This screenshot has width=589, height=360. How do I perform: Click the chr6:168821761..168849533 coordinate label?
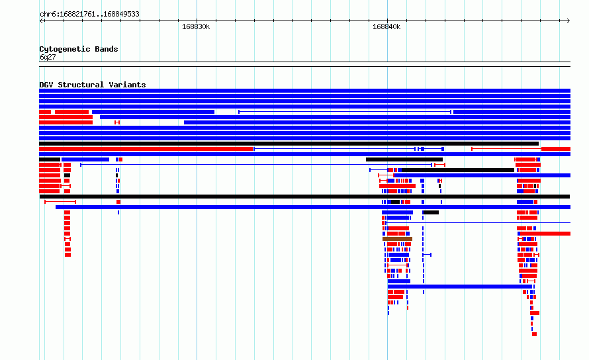pos(89,15)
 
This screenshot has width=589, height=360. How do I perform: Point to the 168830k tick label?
pos(196,27)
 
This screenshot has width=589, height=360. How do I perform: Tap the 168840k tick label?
pos(386,27)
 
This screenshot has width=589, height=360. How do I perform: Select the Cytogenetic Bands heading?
pos(79,49)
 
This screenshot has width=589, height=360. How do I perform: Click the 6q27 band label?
pos(48,57)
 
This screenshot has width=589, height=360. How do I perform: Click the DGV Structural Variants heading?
pos(93,85)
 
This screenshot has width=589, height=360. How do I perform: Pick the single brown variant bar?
pos(398,239)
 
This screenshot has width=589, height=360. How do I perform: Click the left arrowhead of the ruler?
pos(40,21)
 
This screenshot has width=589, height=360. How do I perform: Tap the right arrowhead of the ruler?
pos(568,21)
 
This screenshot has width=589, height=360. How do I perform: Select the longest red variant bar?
pos(146,149)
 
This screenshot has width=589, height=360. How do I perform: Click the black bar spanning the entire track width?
pos(304,197)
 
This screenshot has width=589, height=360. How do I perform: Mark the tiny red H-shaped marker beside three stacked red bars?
pos(117,122)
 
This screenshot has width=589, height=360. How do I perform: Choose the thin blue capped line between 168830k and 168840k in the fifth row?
pos(345,112)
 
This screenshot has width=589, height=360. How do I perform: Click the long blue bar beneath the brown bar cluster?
pos(460,287)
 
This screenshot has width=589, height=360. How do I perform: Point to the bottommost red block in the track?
pos(535,334)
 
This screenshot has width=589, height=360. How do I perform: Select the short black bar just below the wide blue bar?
pos(431,212)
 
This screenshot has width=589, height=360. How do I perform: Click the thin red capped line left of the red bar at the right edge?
pos(506,149)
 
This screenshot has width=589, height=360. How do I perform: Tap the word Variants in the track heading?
pos(127,85)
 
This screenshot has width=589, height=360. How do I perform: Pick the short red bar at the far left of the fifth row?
pos(45,112)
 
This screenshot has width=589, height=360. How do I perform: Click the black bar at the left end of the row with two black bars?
pos(50,159)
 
